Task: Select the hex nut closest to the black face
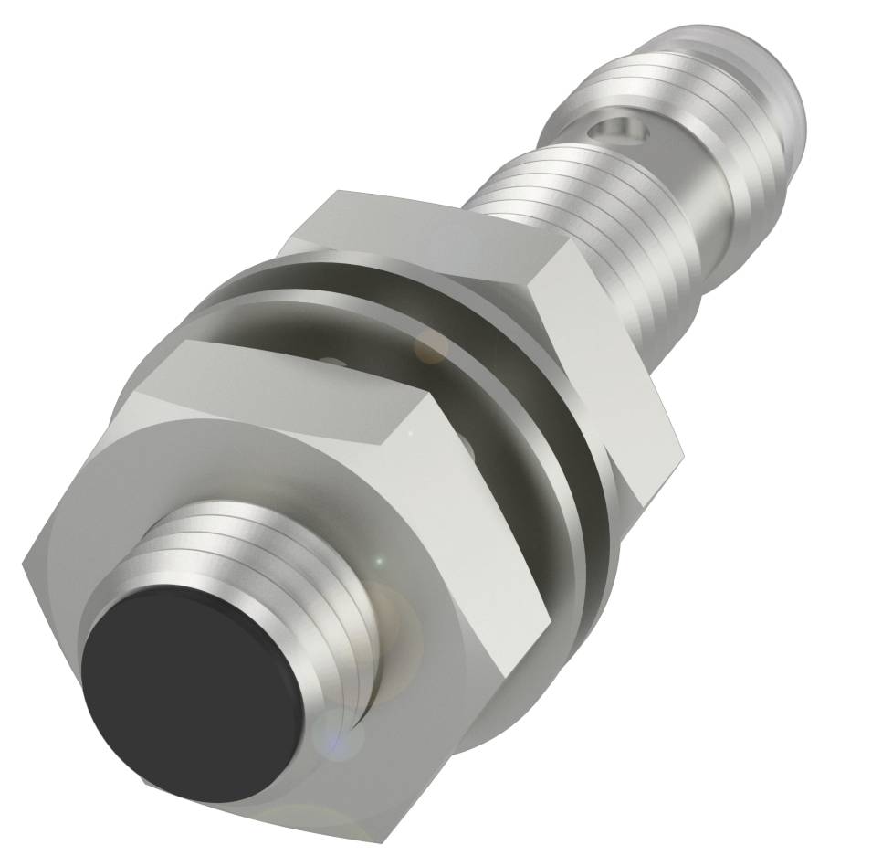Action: coord(274,512)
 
